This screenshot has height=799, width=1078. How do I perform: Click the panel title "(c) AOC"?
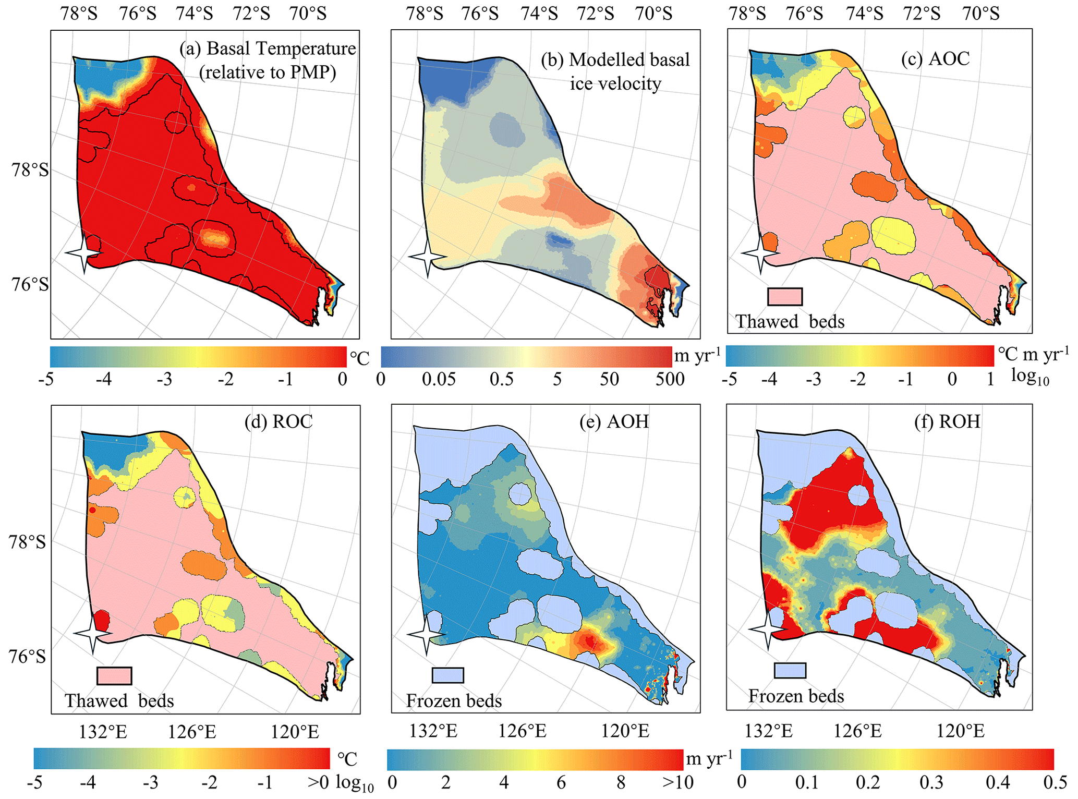coord(935,58)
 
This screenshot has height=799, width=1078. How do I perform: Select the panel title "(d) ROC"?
coord(278,421)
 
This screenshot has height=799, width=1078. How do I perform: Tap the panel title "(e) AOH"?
coord(614,421)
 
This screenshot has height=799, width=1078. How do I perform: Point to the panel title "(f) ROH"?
coord(947,421)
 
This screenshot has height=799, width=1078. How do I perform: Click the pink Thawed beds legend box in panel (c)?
coord(784,297)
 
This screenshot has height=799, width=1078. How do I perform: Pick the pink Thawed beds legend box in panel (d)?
coord(114,675)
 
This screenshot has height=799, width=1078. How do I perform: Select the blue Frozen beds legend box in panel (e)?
coord(448,675)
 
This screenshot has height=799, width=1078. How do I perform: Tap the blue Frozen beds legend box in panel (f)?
coord(790,671)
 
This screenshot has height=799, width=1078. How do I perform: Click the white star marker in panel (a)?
coord(84,253)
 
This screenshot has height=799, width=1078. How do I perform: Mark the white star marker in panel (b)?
coord(428,257)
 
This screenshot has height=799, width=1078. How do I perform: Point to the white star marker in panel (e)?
coord(426,635)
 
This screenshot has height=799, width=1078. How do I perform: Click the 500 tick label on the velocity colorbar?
coord(670,379)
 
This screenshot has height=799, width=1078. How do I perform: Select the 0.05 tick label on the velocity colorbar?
coord(439,379)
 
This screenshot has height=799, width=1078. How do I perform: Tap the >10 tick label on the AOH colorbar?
coord(677,783)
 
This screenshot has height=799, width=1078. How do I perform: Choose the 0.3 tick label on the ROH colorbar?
coord(931,783)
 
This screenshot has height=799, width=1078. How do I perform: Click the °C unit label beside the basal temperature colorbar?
coord(359,358)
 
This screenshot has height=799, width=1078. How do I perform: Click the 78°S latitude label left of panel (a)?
coord(30,170)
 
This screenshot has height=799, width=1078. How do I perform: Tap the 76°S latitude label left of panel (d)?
coord(27,656)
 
